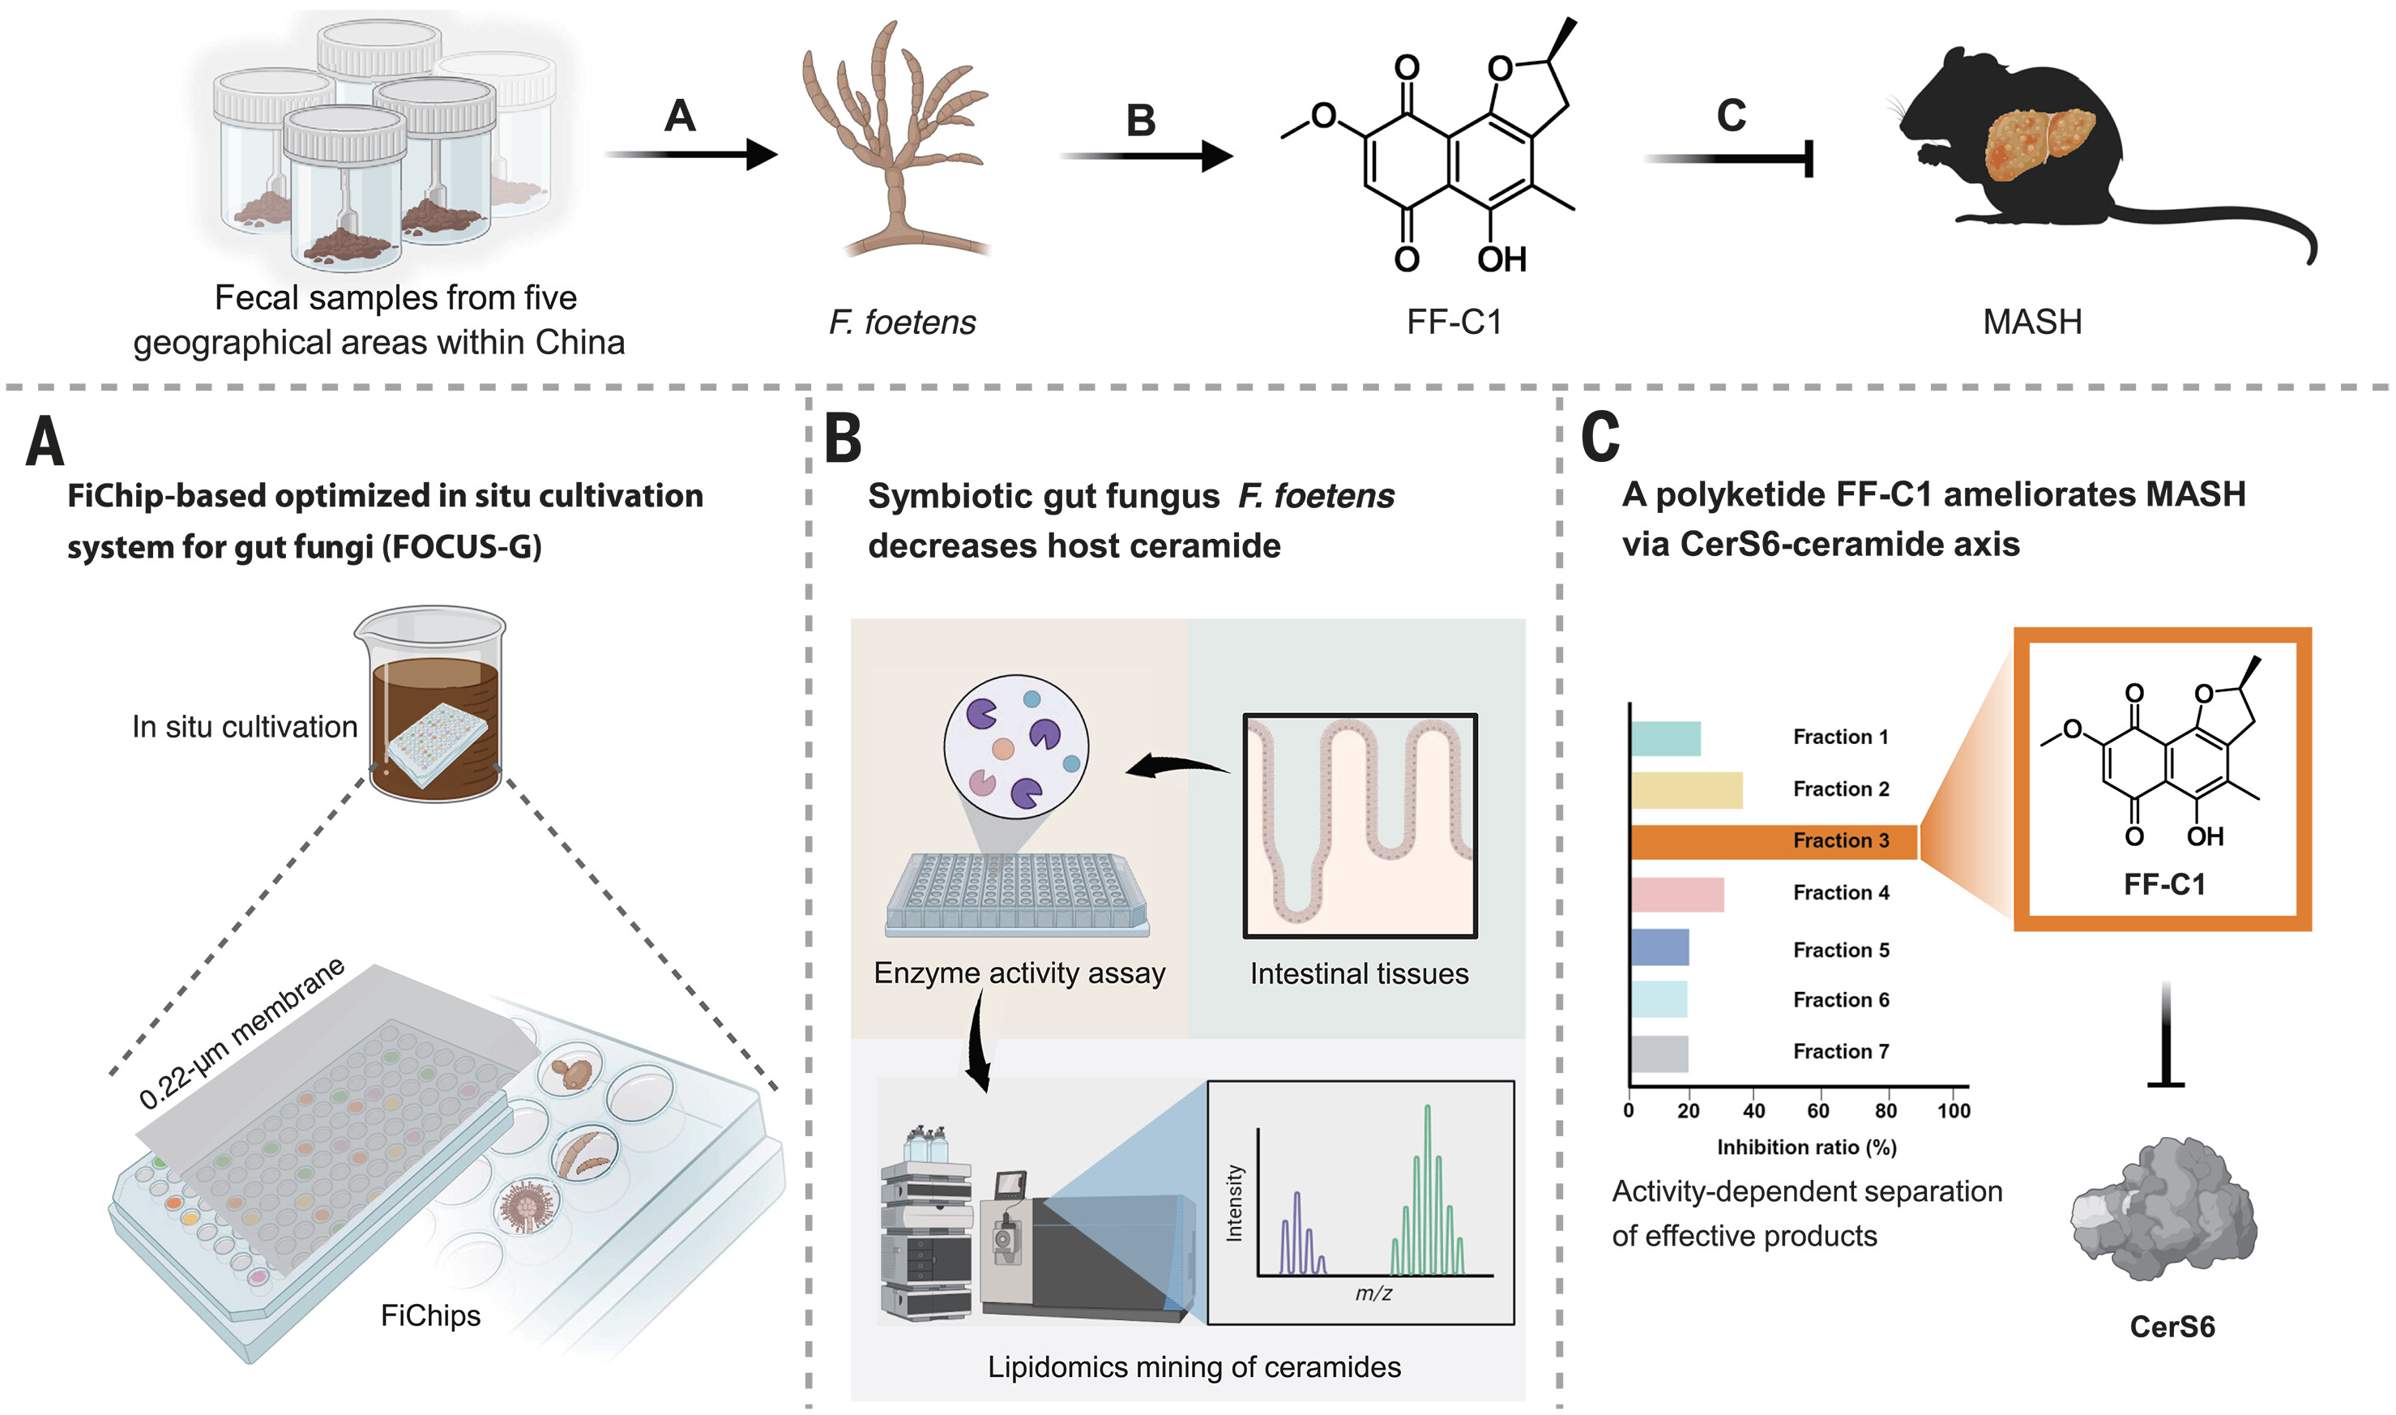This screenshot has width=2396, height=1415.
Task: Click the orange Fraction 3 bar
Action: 1773,842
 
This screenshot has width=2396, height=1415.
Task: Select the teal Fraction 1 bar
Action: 1666,739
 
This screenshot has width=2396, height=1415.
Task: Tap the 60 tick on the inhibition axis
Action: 1817,1111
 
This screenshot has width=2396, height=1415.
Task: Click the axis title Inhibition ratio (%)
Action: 1806,1147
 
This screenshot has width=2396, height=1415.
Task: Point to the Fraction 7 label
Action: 1840,1051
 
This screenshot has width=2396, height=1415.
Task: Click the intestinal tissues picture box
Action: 1360,826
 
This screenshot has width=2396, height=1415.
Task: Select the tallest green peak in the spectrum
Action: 1427,1182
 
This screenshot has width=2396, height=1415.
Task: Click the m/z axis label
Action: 1373,1293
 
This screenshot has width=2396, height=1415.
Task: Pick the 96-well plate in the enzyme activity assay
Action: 1018,891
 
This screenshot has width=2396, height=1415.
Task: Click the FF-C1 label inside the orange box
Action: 2163,885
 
